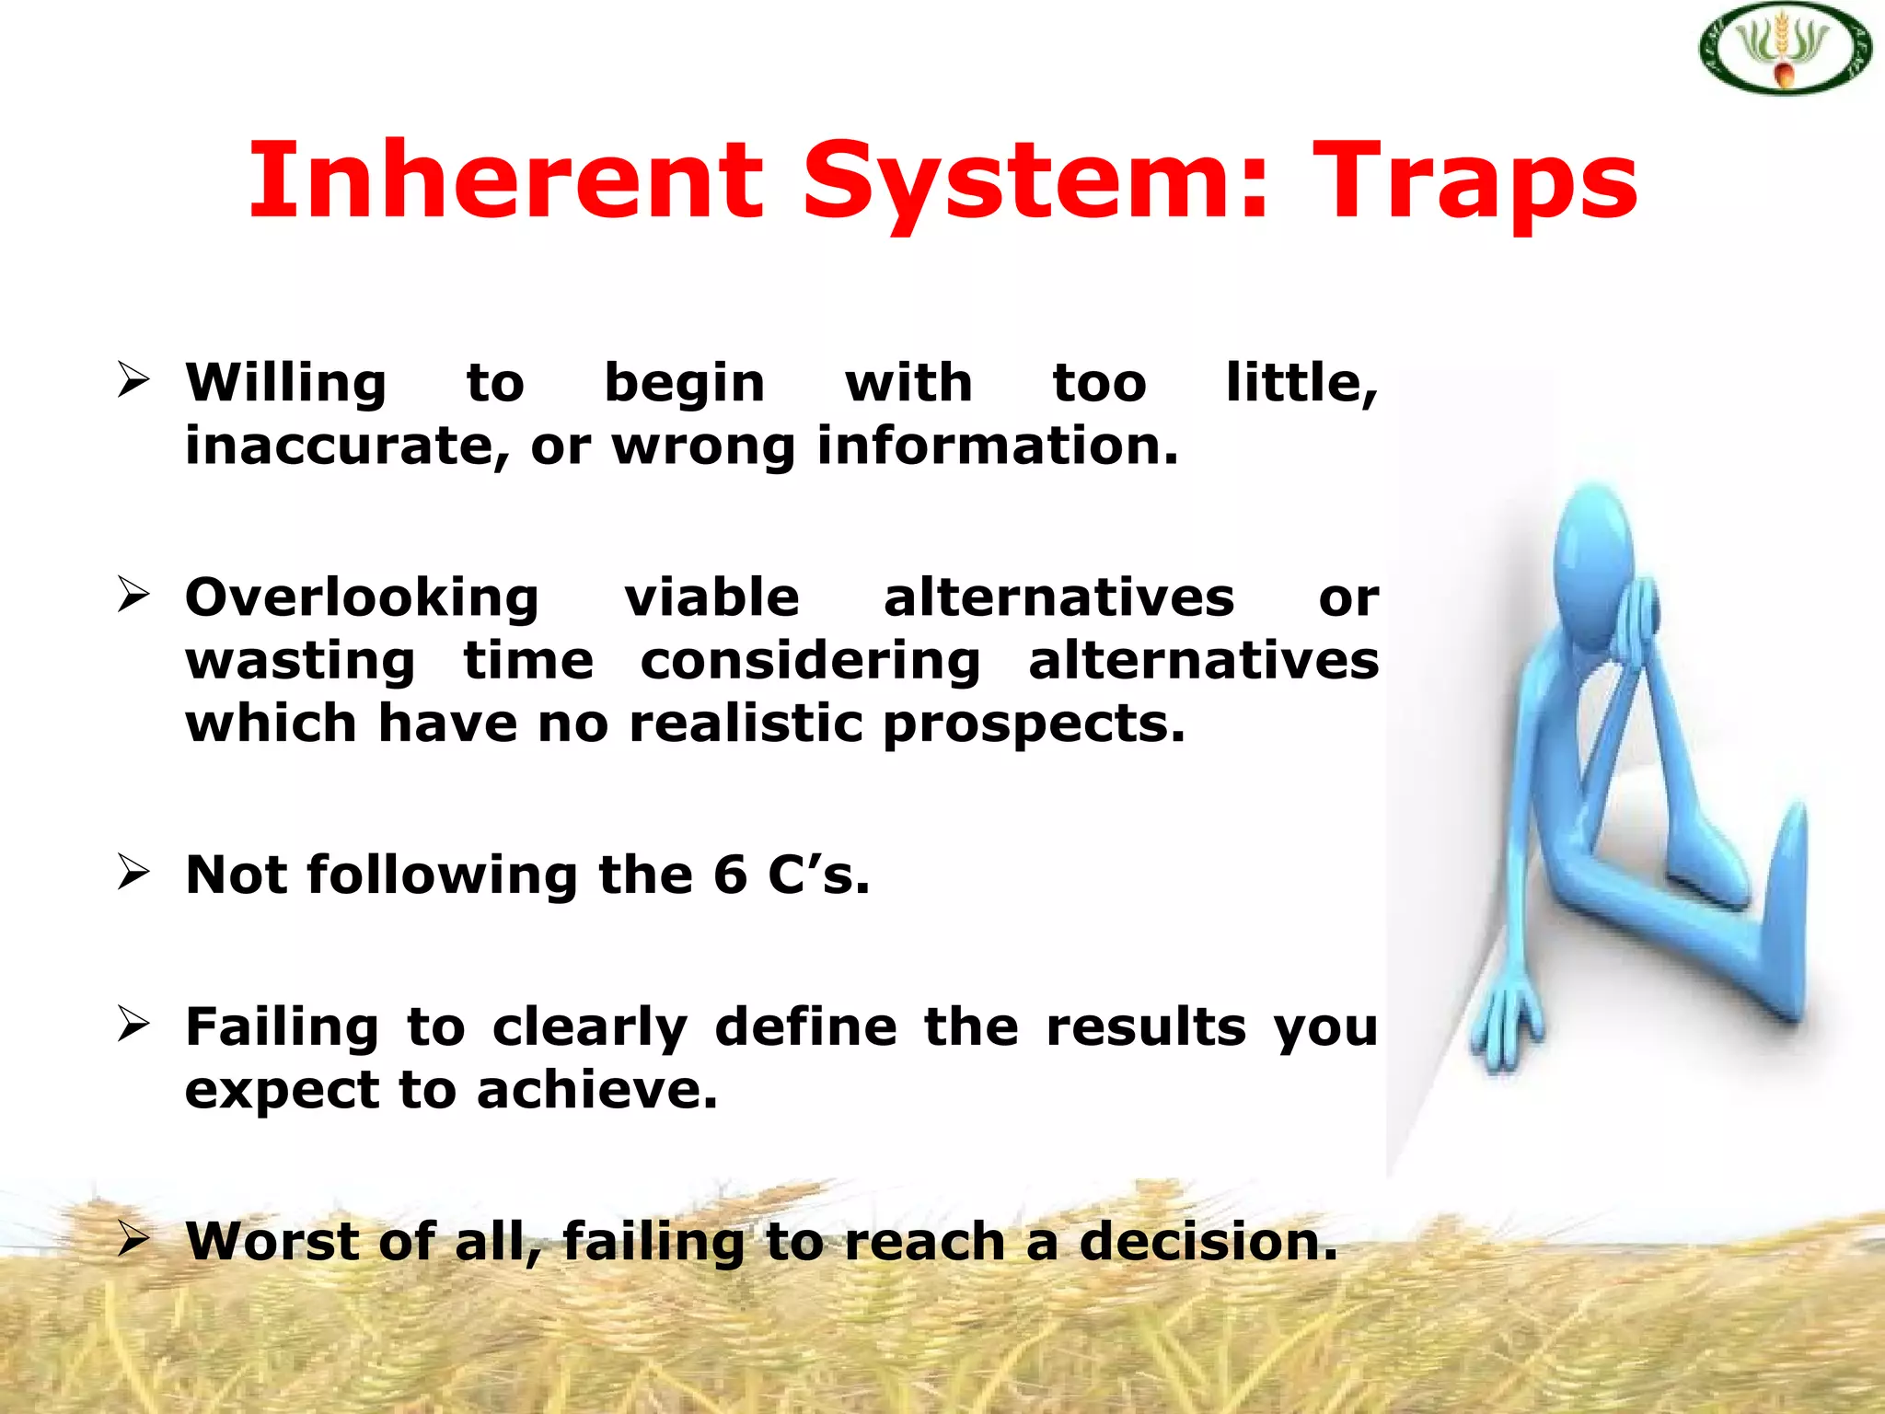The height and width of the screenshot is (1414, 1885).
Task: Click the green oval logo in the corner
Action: tap(1784, 49)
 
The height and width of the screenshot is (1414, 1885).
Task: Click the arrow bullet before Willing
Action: tap(133, 379)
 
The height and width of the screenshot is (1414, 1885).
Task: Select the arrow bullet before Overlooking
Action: tap(133, 595)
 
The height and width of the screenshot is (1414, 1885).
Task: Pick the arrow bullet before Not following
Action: tap(133, 872)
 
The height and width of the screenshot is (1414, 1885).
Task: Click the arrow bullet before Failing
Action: tap(133, 1024)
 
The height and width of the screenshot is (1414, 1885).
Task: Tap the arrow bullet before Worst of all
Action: tap(133, 1239)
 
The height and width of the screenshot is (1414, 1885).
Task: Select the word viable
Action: tap(711, 597)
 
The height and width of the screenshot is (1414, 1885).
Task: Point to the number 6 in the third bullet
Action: tap(730, 874)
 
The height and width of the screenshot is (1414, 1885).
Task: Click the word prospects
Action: tap(1034, 724)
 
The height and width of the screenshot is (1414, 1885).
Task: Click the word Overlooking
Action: tap(362, 599)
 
